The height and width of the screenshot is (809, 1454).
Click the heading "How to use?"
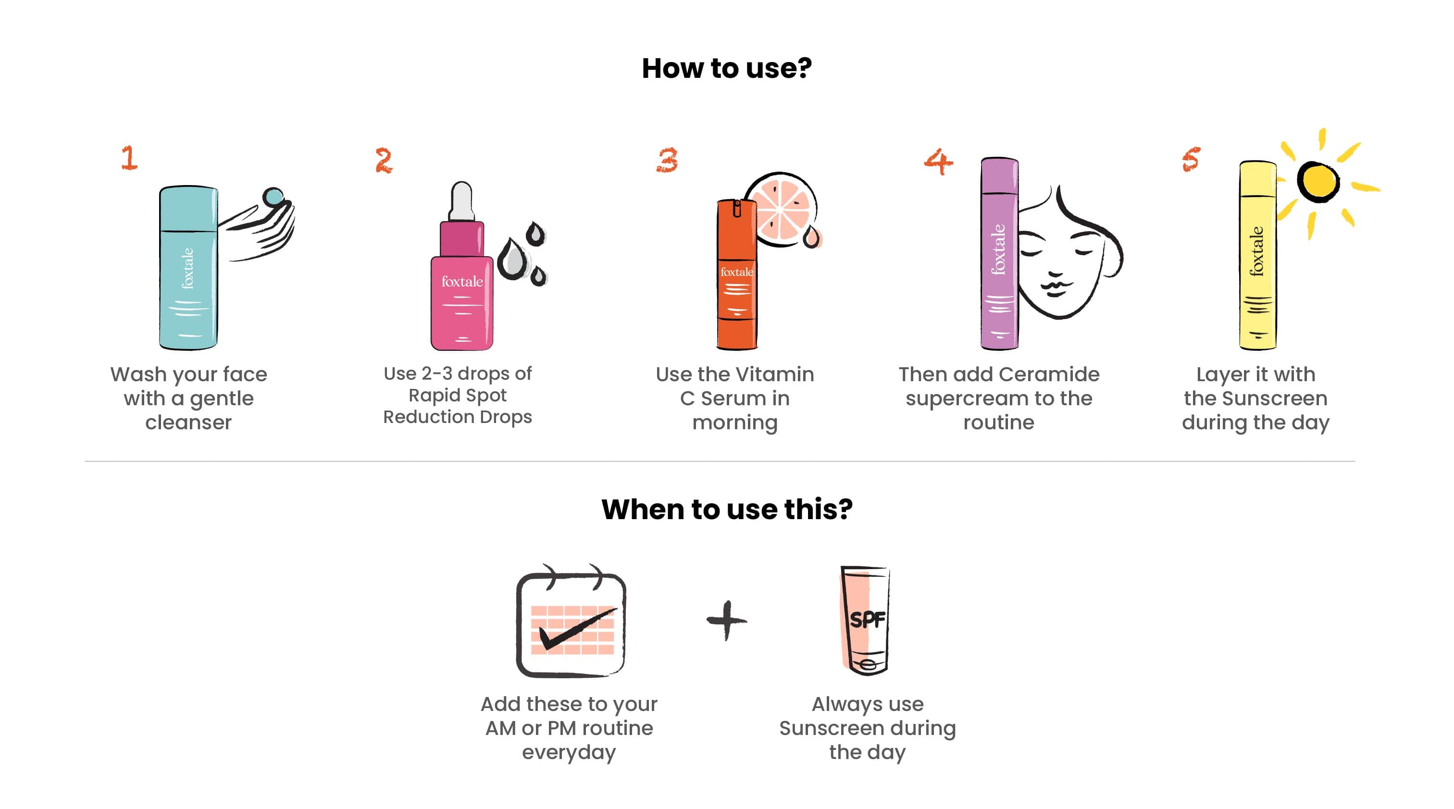726,68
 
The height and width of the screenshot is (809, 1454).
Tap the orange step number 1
129,158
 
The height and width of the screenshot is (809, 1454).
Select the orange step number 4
938,162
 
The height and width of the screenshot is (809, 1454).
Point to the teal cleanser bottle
188,268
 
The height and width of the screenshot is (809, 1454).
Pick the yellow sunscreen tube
1257,255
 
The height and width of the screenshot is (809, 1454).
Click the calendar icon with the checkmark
571,621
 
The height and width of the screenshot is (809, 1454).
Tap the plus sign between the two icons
726,620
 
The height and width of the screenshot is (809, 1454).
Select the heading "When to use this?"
726,509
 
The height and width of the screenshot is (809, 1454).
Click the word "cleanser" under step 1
188,422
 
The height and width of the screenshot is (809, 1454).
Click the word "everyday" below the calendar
569,753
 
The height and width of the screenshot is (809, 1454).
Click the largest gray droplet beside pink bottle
513,259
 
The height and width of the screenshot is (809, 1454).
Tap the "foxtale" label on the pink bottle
462,281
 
